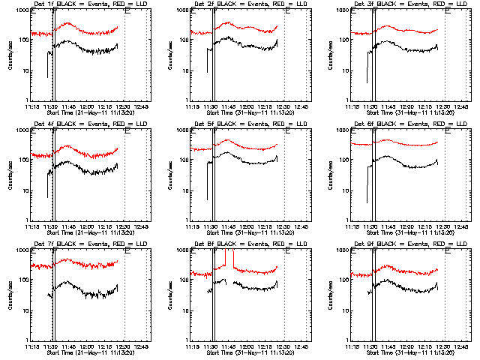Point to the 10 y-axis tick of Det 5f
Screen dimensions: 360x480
(182, 191)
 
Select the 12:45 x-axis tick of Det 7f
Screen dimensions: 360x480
(142, 347)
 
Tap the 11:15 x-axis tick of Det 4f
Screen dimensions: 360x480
(31, 227)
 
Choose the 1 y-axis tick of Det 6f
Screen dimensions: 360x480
(345, 220)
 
